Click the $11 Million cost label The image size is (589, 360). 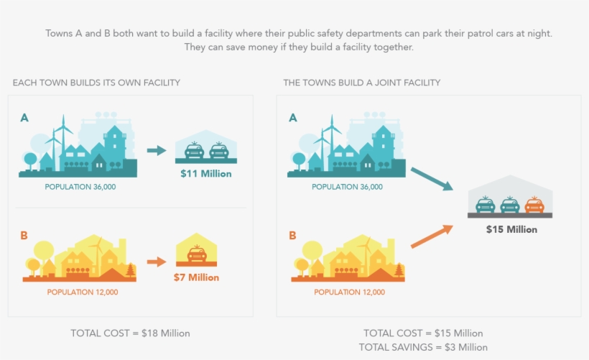pyautogui.click(x=206, y=174)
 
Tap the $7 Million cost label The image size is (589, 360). pyautogui.click(x=196, y=277)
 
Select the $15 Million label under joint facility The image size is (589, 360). pyautogui.click(x=511, y=229)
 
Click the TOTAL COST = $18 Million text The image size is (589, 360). pyautogui.click(x=130, y=333)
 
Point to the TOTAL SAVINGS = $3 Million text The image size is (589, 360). pyautogui.click(x=424, y=347)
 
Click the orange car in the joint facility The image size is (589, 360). pyautogui.click(x=534, y=205)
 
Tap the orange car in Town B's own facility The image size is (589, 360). pyautogui.click(x=196, y=254)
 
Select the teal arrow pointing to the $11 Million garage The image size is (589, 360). pyautogui.click(x=156, y=151)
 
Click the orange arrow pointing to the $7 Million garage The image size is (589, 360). pyautogui.click(x=156, y=262)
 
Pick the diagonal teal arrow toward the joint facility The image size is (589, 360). pyautogui.click(x=432, y=179)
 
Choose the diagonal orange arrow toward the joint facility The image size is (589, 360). pyautogui.click(x=432, y=236)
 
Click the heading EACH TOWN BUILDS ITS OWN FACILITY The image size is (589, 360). pyautogui.click(x=96, y=83)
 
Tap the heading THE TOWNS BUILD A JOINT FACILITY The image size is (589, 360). pyautogui.click(x=362, y=83)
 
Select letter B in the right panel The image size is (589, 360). pyautogui.click(x=292, y=235)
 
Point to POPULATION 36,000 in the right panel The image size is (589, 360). pyautogui.click(x=348, y=187)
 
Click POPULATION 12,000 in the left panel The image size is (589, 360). pyautogui.click(x=82, y=292)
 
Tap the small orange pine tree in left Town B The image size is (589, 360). pyautogui.click(x=130, y=270)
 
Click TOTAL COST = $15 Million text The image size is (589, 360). pyautogui.click(x=423, y=333)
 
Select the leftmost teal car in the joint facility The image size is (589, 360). pyautogui.click(x=486, y=205)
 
